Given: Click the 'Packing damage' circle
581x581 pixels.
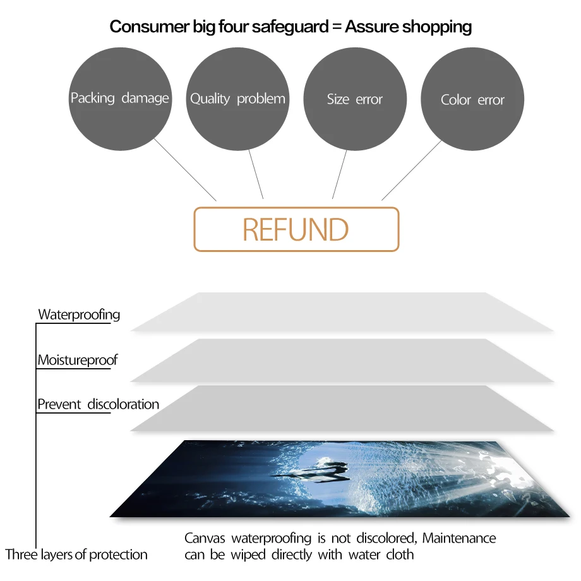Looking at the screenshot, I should coord(120,99).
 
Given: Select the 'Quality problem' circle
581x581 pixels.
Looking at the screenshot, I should coord(237,99).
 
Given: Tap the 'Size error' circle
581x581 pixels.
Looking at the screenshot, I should coord(355,99).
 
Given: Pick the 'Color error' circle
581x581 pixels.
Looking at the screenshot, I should coord(472,100).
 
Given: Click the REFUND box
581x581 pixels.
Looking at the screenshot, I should coord(296,229).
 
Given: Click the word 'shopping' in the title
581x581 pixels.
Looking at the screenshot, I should coord(437,27).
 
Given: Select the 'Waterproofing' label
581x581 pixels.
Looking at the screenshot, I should coord(79,314).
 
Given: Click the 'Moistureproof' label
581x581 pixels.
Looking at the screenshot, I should coord(77,361).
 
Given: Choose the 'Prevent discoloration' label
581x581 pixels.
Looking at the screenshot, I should coord(98,404).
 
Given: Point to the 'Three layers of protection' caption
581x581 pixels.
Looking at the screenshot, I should coord(76,555).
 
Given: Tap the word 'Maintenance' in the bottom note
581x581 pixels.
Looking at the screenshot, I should coord(459,539).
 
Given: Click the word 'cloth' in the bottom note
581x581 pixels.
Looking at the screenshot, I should coord(400,555).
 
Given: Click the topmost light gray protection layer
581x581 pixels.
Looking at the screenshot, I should coord(341,312).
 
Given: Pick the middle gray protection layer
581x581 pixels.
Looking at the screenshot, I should coord(341,360).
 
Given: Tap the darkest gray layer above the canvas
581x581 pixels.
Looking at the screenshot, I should coord(341,408).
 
